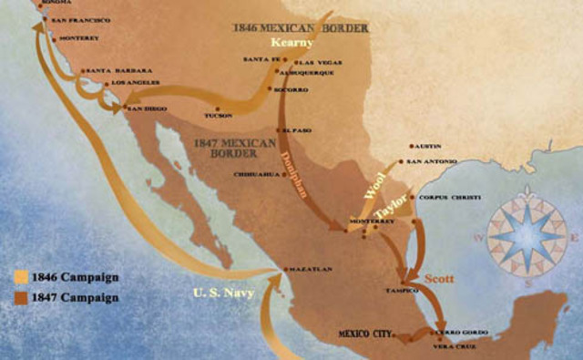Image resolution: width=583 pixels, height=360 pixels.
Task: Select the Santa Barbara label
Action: (x=109, y=70)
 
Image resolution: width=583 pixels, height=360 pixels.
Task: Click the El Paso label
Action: (x=297, y=130)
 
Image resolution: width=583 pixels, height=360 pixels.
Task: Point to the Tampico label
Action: (x=403, y=291)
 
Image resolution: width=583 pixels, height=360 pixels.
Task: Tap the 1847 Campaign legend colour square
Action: (x=21, y=297)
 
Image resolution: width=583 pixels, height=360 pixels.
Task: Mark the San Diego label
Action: (x=148, y=108)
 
